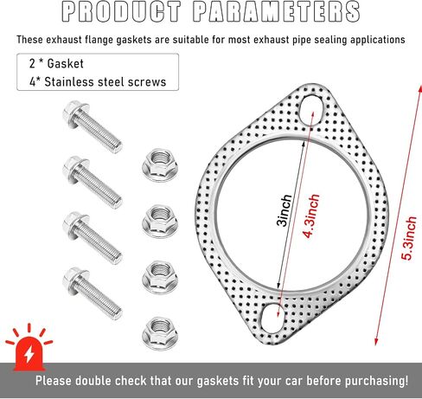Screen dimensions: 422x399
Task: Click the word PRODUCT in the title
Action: coord(121,12)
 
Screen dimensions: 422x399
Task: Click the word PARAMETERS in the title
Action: coord(277,12)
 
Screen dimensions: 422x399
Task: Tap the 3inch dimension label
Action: coord(285,210)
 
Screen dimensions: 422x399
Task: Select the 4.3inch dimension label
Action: coord(311,216)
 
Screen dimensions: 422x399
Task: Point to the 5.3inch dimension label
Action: coord(409,238)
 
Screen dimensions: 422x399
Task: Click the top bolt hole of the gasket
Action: coord(311,110)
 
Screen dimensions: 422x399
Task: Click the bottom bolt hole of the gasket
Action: coord(272,318)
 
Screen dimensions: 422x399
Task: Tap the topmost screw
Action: coord(92,126)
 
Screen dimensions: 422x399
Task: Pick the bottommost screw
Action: coord(92,293)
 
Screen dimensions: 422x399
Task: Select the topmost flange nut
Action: coord(160,164)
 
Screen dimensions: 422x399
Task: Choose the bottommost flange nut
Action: coord(160,333)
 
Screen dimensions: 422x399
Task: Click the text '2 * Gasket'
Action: coord(56,64)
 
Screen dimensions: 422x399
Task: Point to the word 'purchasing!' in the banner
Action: coord(376,381)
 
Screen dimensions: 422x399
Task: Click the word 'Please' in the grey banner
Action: coord(54,381)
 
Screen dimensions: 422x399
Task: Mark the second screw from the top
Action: coord(92,182)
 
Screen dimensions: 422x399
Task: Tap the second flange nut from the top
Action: coord(160,221)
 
